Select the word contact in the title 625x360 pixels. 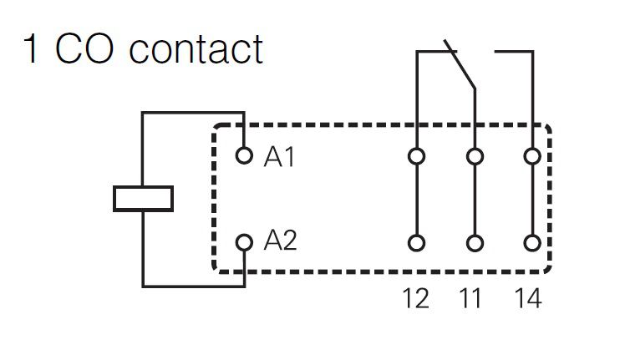(196, 49)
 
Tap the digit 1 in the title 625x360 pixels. (32, 49)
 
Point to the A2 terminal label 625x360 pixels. (280, 241)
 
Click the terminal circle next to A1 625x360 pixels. (244, 155)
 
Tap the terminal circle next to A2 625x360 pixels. (244, 242)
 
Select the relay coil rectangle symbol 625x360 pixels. (143, 198)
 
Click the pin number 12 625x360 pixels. (415, 297)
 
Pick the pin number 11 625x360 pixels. (473, 297)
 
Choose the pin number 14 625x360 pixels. (530, 297)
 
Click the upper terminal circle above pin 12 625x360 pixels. (416, 156)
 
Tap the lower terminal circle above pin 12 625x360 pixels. (416, 243)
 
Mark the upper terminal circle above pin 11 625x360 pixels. (475, 156)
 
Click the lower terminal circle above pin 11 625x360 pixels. (475, 243)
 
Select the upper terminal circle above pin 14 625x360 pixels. (532, 156)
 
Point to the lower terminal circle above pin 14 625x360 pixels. (532, 243)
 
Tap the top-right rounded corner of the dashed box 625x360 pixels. (546, 130)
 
